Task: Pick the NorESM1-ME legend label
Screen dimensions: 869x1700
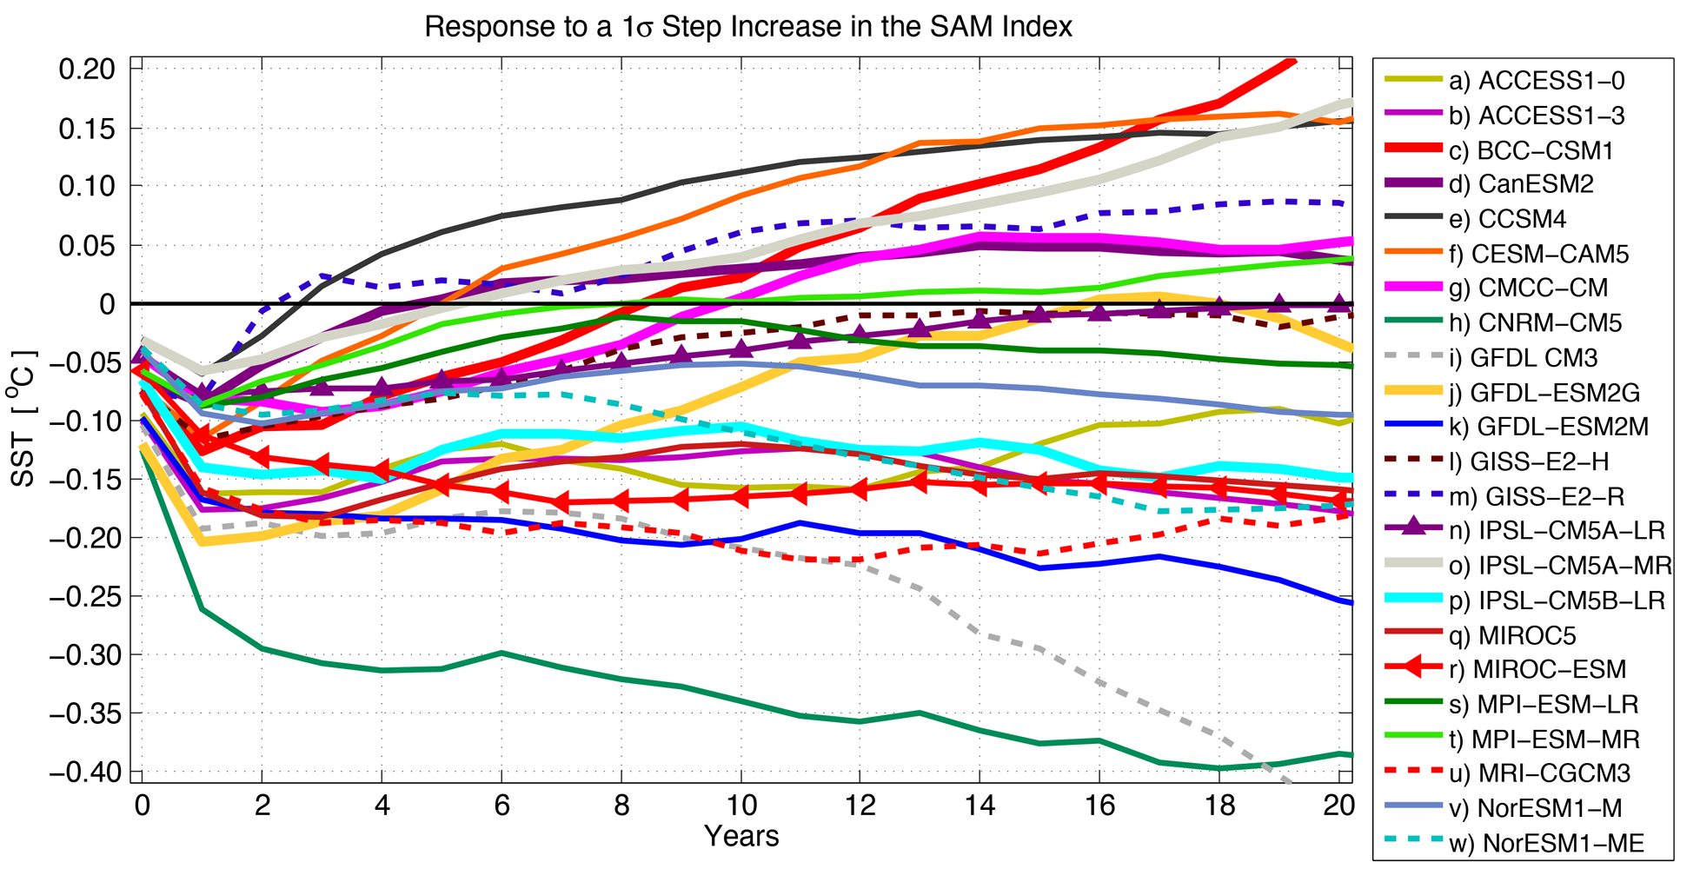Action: coord(1546,843)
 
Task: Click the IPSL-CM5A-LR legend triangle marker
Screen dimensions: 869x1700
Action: coord(1414,525)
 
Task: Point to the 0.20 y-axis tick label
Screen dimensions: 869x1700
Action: coord(86,69)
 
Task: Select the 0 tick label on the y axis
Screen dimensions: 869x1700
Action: coord(107,304)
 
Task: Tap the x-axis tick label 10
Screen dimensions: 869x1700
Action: coord(741,806)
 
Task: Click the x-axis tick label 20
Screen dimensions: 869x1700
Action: coord(1338,806)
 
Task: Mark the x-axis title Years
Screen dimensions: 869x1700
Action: coord(741,837)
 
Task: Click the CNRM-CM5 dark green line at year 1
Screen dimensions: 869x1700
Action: coord(203,609)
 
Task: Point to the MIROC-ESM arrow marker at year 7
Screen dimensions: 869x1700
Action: coord(561,502)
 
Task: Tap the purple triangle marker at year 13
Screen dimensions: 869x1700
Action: coord(921,328)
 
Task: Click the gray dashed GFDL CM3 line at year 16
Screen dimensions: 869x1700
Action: coord(1100,683)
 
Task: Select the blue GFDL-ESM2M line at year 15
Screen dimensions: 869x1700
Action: coord(1040,567)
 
